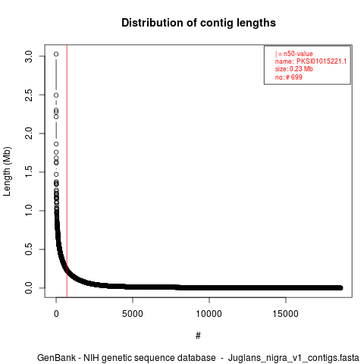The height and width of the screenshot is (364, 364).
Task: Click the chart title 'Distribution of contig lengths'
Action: click(x=199, y=23)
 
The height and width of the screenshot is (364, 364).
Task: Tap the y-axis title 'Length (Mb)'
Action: click(x=7, y=171)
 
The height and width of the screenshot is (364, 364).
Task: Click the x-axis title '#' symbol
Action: click(x=198, y=336)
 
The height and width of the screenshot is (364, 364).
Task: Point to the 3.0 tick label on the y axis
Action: click(x=29, y=56)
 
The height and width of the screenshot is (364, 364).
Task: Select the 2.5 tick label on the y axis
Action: click(x=29, y=95)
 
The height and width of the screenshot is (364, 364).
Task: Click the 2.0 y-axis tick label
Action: click(x=29, y=133)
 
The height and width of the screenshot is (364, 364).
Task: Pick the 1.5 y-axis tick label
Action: click(x=29, y=172)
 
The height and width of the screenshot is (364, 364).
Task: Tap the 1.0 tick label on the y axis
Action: click(x=29, y=211)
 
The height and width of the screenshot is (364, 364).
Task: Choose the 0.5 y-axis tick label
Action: click(x=29, y=249)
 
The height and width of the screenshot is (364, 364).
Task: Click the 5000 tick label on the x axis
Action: click(x=133, y=314)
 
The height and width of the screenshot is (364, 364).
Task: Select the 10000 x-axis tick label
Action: click(x=209, y=314)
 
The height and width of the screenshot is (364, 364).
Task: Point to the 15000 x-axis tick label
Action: click(x=285, y=314)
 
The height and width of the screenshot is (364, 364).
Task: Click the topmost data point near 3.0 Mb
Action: click(x=56, y=54)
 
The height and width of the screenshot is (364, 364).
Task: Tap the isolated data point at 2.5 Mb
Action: click(x=56, y=96)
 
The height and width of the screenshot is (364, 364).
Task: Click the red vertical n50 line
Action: click(x=67, y=171)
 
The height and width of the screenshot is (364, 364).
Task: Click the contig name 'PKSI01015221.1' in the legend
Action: click(x=322, y=61)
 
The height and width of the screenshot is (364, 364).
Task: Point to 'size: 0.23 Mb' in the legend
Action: click(x=294, y=69)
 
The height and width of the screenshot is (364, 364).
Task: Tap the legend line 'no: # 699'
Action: click(x=289, y=77)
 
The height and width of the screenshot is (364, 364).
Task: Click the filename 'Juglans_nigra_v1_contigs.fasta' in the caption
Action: click(x=293, y=358)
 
